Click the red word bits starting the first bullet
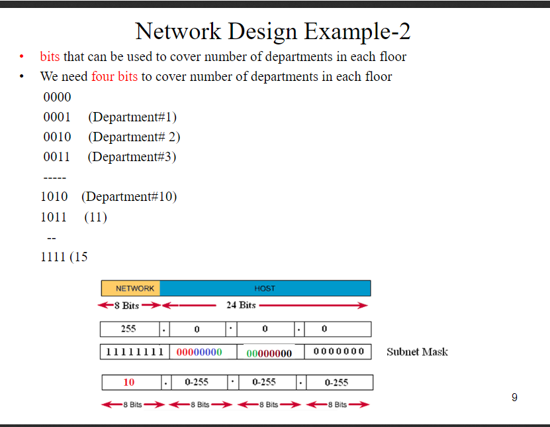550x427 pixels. coord(50,56)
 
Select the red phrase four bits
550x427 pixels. coord(115,76)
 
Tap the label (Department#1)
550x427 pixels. coord(132,117)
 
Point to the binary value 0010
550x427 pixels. coord(57,137)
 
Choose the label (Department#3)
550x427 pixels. coord(132,157)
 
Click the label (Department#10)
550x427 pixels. coord(129,197)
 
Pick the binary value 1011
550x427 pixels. coord(54,217)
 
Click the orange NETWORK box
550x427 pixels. coord(131,288)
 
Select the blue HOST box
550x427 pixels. coord(265,288)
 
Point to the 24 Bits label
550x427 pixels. coord(241,305)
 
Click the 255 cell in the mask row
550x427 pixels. coord(128,329)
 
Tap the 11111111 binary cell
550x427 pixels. coord(135,352)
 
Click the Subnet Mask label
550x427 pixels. coord(417,352)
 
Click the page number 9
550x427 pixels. coord(514,397)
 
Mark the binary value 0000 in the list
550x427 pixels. coord(57,97)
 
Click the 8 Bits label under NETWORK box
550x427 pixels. coord(126,305)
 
